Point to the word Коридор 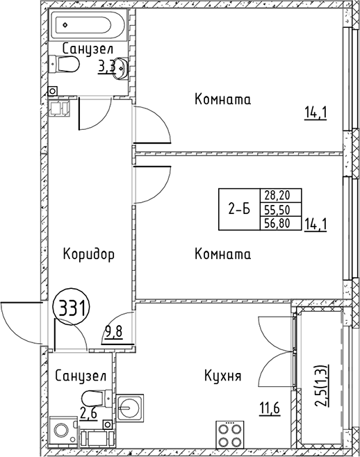(88, 254)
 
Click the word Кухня (222, 376)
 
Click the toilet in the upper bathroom (67, 64)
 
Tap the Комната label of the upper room (222, 99)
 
